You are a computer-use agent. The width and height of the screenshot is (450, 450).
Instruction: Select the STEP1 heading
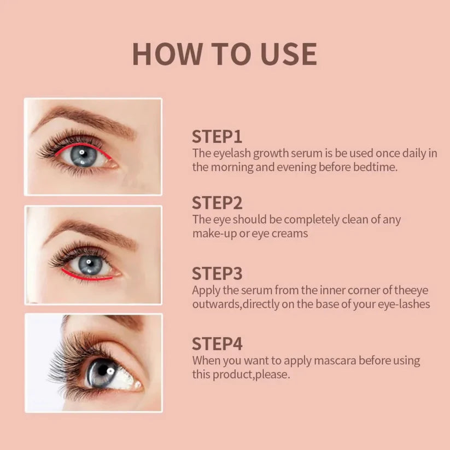click(217, 136)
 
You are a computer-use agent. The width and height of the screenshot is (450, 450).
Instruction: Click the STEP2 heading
click(217, 203)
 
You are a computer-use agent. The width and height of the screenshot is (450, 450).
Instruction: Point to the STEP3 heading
click(217, 273)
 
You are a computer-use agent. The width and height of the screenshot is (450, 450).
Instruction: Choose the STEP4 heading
click(217, 344)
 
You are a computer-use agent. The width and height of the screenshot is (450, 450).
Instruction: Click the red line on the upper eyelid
click(82, 146)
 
